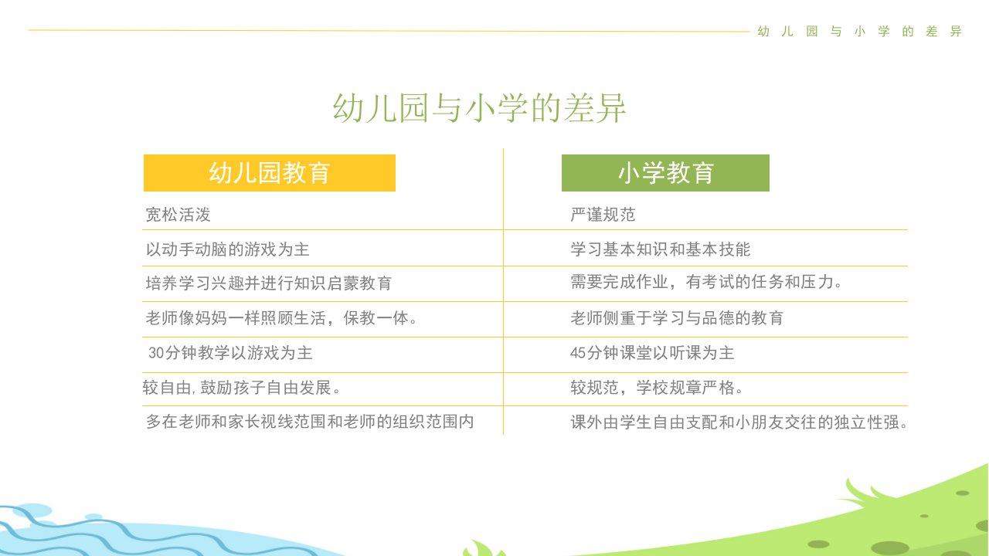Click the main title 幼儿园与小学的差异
tap(479, 108)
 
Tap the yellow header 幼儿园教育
tap(270, 172)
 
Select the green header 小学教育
tap(665, 172)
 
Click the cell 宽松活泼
tap(178, 215)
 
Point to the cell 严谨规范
tap(603, 215)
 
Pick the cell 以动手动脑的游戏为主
tap(227, 249)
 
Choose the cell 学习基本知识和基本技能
tap(660, 249)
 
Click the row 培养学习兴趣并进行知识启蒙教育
tap(268, 283)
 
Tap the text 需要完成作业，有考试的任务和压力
tap(702, 282)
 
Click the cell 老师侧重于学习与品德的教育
tap(677, 317)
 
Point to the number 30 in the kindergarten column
tap(156, 353)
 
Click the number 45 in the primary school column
tap(578, 353)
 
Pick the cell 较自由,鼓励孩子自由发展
tap(242, 388)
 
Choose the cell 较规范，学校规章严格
tap(657, 388)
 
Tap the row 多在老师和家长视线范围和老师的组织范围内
tap(310, 422)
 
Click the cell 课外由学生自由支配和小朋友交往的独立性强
tap(739, 422)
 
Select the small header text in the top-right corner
tap(860, 32)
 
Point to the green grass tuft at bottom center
tap(484, 548)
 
